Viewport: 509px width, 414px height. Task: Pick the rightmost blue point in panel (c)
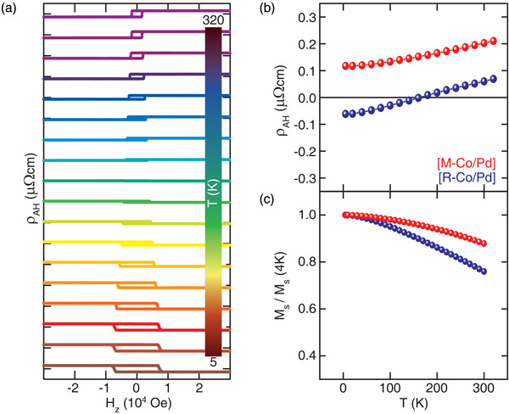coord(484,271)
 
